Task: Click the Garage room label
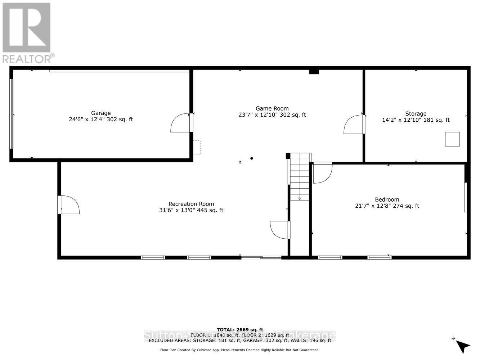click(100, 113)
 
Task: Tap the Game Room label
click(272, 108)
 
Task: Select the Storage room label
click(416, 114)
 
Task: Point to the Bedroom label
click(387, 199)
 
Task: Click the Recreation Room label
click(191, 204)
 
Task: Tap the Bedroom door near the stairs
click(322, 173)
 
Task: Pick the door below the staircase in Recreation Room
click(280, 230)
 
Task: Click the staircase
click(300, 176)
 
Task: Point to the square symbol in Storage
click(452, 139)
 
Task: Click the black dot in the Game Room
click(252, 158)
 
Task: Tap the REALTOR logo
click(27, 32)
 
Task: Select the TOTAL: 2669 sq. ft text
click(240, 329)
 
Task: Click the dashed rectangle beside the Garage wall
click(197, 148)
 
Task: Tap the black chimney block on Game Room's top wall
click(314, 71)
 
